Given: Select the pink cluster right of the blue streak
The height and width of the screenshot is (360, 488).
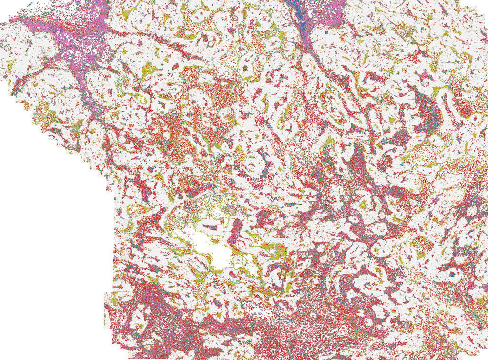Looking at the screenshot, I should (x=329, y=12).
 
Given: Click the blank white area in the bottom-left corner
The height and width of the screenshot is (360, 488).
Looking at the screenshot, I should (x=48, y=286).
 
